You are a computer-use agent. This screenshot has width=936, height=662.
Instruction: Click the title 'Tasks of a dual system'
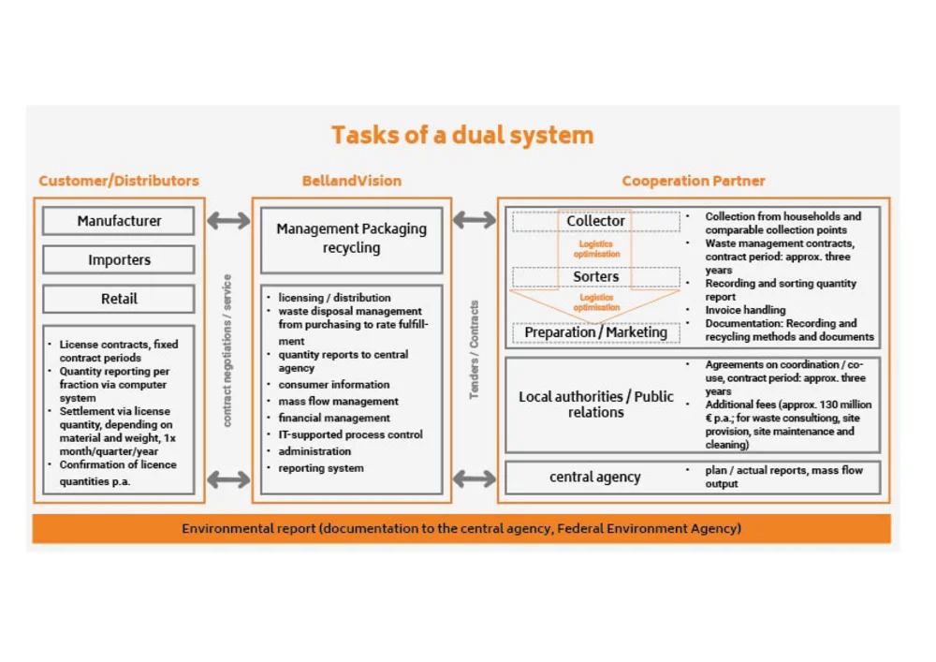click(462, 135)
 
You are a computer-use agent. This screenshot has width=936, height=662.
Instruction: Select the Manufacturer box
click(119, 221)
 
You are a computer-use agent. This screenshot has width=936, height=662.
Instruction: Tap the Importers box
click(119, 260)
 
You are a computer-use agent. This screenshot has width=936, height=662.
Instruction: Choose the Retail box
click(119, 299)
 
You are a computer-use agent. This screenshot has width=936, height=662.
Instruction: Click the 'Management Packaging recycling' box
click(351, 239)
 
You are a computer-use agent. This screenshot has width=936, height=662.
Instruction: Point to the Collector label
click(595, 221)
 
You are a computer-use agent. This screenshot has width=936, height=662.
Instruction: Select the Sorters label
click(595, 276)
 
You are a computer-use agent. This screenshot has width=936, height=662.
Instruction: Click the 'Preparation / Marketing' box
click(595, 332)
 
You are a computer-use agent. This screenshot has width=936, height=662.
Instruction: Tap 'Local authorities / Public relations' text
click(595, 404)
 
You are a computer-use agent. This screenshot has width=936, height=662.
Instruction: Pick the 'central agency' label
click(595, 478)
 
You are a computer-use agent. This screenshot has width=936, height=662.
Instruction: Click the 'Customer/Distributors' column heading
click(119, 181)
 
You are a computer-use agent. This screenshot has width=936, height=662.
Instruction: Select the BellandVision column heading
click(351, 181)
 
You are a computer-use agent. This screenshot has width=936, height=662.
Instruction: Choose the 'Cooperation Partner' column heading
click(693, 181)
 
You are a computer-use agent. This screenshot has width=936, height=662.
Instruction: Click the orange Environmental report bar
click(461, 528)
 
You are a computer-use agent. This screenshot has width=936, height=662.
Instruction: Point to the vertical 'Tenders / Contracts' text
click(475, 349)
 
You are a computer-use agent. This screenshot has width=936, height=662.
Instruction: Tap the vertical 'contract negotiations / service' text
click(227, 349)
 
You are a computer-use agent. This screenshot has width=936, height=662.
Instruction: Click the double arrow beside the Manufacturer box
click(228, 221)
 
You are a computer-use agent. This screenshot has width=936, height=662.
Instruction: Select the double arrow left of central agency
click(475, 479)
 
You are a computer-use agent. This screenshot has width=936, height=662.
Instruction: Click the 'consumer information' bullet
click(333, 384)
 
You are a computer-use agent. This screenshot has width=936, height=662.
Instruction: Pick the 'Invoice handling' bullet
click(745, 310)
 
